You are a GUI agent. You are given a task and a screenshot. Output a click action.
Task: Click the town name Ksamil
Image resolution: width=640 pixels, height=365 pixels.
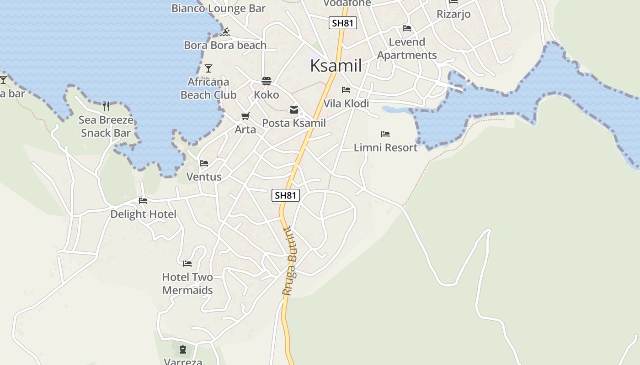click(336, 66)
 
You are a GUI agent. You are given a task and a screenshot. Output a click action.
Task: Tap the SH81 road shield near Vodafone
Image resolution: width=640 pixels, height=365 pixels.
click(342, 23)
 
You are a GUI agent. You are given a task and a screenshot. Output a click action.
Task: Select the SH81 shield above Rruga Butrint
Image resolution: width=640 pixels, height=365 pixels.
click(286, 195)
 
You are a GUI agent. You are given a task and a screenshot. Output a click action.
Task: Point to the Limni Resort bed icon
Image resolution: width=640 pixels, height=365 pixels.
click(385, 134)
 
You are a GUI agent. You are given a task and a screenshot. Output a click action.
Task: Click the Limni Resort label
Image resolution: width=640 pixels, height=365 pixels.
click(385, 147)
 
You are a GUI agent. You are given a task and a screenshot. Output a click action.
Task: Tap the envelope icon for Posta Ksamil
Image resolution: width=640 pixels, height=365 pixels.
click(293, 110)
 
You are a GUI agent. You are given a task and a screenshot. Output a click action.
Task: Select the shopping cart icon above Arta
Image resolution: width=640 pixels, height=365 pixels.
click(245, 116)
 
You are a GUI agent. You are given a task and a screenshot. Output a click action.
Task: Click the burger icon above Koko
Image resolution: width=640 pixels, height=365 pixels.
click(267, 81)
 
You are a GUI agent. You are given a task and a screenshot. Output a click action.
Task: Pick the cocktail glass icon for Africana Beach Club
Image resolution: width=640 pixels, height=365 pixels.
click(208, 68)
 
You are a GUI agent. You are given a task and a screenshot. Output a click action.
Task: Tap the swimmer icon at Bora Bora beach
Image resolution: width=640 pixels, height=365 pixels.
click(225, 32)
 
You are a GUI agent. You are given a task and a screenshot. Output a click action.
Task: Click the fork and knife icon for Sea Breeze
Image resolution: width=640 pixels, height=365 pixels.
click(106, 106)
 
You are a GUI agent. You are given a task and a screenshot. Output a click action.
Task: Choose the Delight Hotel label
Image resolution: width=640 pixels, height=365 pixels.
click(143, 214)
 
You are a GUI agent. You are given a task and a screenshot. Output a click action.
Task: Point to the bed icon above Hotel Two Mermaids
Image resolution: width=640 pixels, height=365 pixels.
click(187, 263)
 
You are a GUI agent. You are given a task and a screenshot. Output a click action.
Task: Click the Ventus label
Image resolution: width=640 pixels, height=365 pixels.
click(204, 177)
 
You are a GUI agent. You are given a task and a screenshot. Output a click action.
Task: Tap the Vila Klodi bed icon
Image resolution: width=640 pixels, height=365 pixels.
click(346, 90)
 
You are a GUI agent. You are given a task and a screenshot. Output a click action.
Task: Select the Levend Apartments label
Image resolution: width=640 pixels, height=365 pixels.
click(407, 48)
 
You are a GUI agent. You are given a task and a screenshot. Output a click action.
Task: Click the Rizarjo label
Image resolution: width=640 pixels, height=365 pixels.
click(453, 14)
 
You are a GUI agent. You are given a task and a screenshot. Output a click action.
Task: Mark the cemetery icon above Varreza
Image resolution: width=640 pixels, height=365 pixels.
click(183, 350)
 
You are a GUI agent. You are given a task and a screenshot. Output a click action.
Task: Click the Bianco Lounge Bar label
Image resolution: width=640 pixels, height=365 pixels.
click(219, 8)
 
